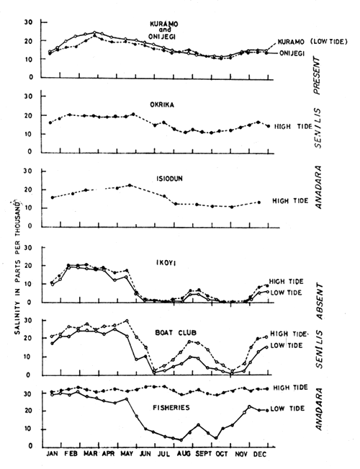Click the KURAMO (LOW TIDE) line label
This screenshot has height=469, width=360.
(x=309, y=43)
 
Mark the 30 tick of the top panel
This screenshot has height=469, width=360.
(x=30, y=22)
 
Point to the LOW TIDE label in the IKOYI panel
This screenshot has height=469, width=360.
(x=294, y=292)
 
